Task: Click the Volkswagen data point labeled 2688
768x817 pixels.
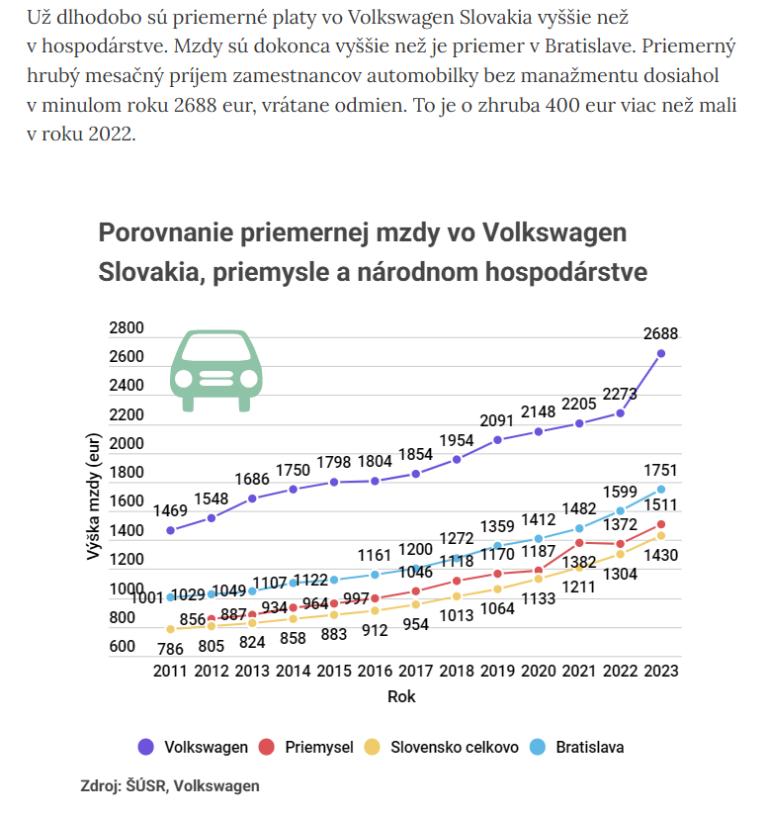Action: (660, 354)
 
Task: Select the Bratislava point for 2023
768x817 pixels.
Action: (660, 490)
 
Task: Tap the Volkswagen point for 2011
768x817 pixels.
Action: (170, 530)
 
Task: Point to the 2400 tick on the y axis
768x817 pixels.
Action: (126, 386)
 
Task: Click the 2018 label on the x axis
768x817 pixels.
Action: (457, 671)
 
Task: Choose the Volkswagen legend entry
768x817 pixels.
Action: (193, 747)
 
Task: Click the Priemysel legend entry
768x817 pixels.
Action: (305, 747)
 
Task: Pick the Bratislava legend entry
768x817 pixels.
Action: (576, 747)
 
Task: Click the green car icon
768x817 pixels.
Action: (216, 371)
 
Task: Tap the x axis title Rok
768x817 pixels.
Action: (401, 696)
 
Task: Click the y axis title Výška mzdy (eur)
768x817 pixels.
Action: (93, 497)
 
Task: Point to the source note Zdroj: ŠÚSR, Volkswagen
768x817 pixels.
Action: (170, 785)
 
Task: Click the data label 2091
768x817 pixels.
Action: (497, 420)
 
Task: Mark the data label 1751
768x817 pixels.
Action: (660, 471)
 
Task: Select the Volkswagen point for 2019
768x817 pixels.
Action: (497, 440)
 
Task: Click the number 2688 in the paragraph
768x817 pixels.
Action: (195, 105)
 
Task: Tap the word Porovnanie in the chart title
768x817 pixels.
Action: (166, 232)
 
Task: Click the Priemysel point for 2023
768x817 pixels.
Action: (660, 524)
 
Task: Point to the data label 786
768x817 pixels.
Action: (170, 649)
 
